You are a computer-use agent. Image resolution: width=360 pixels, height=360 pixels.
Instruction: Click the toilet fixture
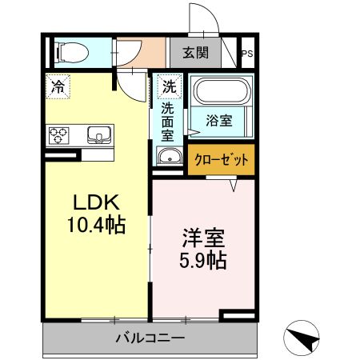tap(71, 53)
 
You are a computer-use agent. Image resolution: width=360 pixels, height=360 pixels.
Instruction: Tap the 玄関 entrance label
tap(195, 53)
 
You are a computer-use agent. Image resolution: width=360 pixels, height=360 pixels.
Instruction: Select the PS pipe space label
tap(247, 54)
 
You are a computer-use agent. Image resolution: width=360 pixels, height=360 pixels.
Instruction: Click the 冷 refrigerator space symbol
tap(58, 86)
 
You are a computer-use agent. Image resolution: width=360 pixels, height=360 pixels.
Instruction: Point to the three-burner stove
tap(58, 135)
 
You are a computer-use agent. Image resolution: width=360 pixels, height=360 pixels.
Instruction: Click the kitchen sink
tap(99, 135)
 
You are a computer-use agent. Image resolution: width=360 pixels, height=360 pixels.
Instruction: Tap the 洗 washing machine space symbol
tap(170, 86)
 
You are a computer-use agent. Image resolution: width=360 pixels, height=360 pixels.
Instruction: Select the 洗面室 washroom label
tap(167, 122)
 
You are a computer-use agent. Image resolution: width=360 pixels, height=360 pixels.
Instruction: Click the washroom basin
tap(170, 155)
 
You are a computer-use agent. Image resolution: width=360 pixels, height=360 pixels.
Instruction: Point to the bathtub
tap(222, 91)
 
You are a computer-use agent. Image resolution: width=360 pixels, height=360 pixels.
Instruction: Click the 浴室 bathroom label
tap(218, 121)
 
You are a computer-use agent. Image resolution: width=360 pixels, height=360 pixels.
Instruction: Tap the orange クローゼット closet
tap(221, 159)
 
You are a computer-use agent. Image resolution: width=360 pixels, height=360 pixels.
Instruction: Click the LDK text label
tap(96, 202)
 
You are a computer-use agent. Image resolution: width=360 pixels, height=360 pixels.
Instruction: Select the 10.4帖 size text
tap(96, 225)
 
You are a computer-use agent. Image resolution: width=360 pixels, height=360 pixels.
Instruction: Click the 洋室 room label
tap(203, 238)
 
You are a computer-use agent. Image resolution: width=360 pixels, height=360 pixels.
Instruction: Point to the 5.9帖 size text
tap(203, 260)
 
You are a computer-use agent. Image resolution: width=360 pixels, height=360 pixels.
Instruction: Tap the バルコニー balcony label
tap(150, 338)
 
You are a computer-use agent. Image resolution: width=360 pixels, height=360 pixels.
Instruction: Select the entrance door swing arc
tap(211, 14)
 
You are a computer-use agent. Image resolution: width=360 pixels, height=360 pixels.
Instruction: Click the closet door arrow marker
tap(234, 186)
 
